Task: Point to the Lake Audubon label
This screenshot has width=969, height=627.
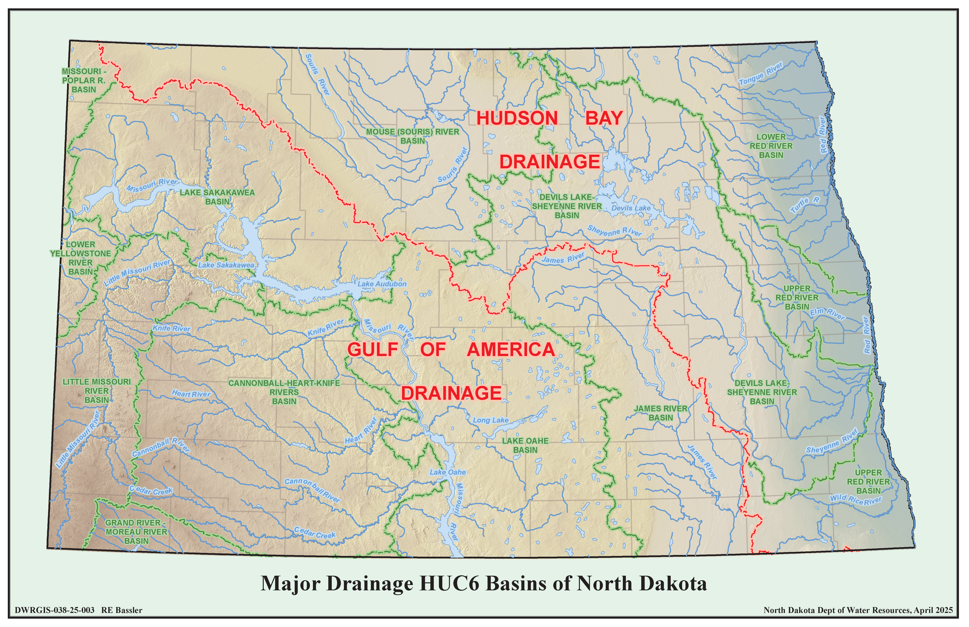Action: click(x=382, y=284)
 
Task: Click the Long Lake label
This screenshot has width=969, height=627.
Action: click(x=491, y=420)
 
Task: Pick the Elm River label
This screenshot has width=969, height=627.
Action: click(x=827, y=313)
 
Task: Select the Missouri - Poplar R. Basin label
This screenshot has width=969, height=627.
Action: click(x=84, y=80)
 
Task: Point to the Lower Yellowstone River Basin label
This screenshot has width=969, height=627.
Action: click(x=81, y=258)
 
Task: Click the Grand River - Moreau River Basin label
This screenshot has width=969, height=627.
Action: click(x=136, y=532)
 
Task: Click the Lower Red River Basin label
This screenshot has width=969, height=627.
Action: click(x=771, y=146)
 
